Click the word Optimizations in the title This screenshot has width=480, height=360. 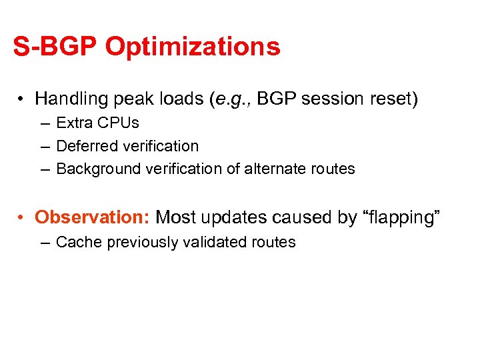pyautogui.click(x=193, y=47)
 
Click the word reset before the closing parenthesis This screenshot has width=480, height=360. pyautogui.click(x=391, y=99)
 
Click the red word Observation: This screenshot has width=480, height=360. pyautogui.click(x=93, y=217)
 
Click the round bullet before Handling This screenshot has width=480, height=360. pyautogui.click(x=22, y=100)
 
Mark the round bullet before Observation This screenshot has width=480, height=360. pyautogui.click(x=22, y=218)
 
